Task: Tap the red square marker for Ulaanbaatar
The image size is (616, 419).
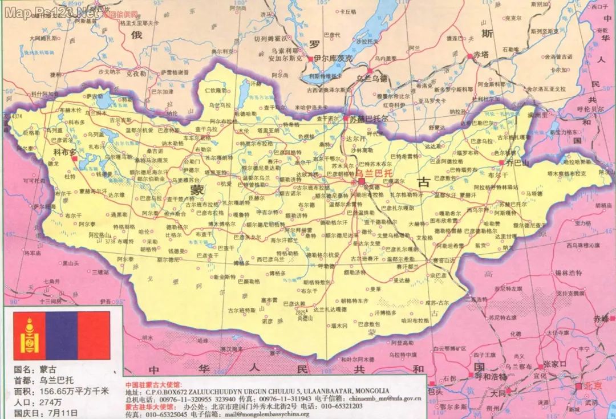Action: coord(361,181)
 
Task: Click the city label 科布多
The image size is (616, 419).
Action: coord(64,152)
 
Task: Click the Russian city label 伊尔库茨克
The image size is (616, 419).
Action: coord(333,59)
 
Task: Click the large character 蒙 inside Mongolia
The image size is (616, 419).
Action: coord(196,188)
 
